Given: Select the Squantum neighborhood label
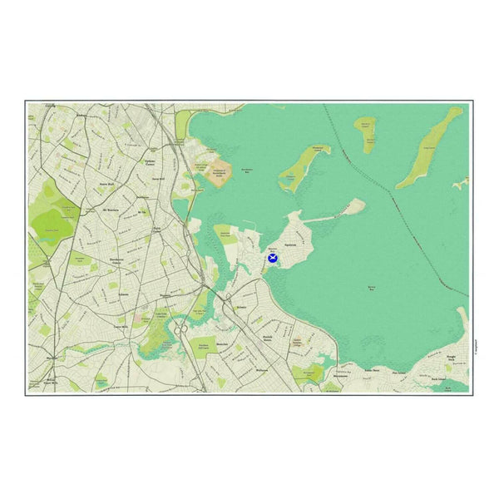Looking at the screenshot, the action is tap(291, 246).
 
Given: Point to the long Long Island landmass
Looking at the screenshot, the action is tap(429, 149).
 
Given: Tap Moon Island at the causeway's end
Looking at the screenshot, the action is tap(353, 205).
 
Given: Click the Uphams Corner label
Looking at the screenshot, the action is tap(151, 162).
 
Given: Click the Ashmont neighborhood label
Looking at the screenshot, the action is tap(125, 294).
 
